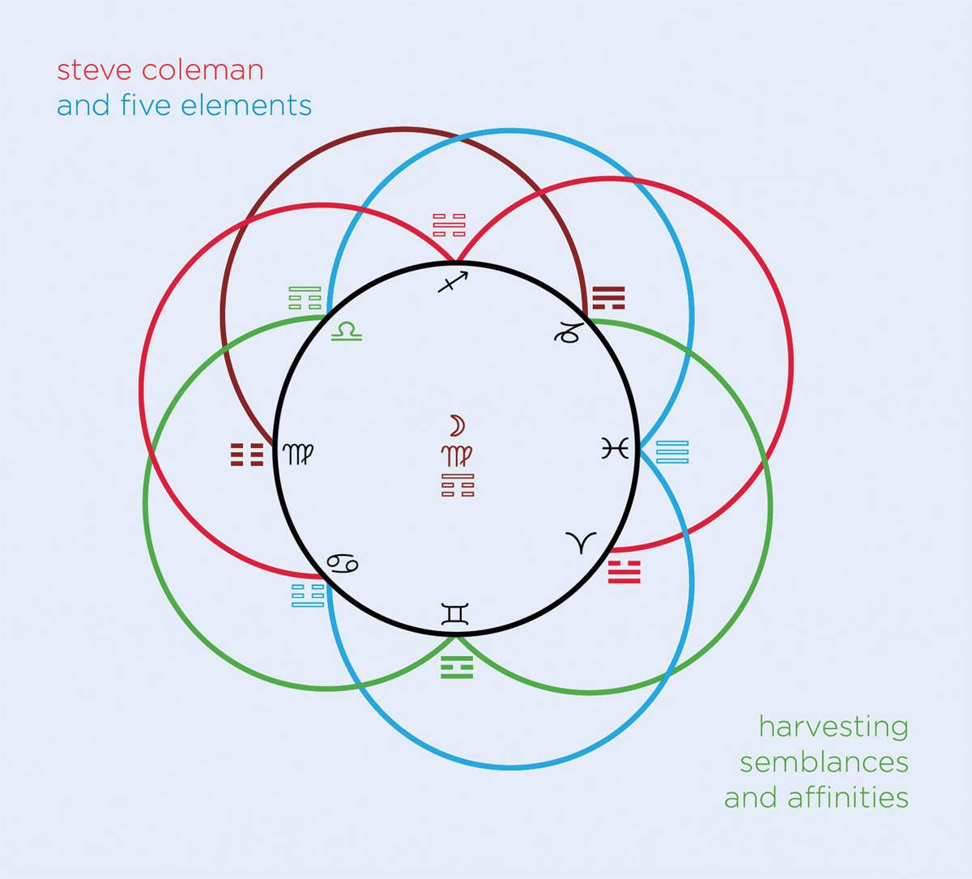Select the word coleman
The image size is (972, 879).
pyautogui.click(x=202, y=70)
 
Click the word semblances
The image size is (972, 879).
pyautogui.click(x=824, y=762)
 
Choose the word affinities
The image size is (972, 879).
pyautogui.click(x=847, y=797)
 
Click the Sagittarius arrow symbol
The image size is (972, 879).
pyautogui.click(x=453, y=282)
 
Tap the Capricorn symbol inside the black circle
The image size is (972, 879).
pyautogui.click(x=567, y=333)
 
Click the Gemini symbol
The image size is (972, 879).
pyautogui.click(x=455, y=613)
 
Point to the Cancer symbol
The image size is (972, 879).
pyautogui.click(x=343, y=563)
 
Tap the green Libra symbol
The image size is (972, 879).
pyautogui.click(x=347, y=331)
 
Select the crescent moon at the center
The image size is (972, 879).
pyautogui.click(x=458, y=425)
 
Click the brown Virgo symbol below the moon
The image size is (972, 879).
pyautogui.click(x=457, y=456)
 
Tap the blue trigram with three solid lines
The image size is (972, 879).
pyautogui.click(x=672, y=452)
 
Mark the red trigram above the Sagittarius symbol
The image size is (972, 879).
pyautogui.click(x=450, y=225)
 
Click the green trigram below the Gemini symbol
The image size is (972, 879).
pyautogui.click(x=457, y=667)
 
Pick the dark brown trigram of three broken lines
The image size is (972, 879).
pyautogui.click(x=247, y=454)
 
